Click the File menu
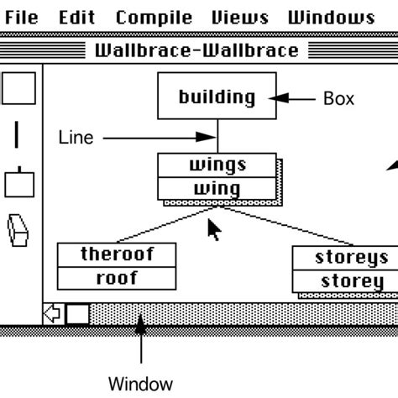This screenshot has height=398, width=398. point(20,18)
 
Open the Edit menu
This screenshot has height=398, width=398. point(76,18)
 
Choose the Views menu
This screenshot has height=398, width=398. point(239,18)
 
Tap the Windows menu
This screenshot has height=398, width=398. point(331,18)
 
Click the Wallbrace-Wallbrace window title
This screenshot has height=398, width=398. point(196,50)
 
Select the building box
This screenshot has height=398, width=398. point(217,97)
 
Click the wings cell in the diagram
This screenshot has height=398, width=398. point(217,165)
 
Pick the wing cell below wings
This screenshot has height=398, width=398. point(217,188)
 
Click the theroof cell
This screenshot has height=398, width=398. point(117,254)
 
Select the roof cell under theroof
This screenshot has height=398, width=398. point(117,278)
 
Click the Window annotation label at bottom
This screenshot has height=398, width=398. point(140,384)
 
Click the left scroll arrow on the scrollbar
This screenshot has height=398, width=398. point(53,314)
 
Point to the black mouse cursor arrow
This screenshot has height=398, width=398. point(214,229)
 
